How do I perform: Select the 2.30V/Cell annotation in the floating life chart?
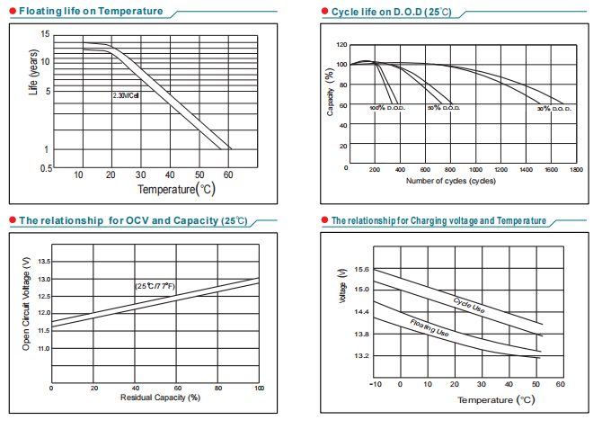(126, 95)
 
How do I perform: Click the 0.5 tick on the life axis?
(46, 168)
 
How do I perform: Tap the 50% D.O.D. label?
(444, 108)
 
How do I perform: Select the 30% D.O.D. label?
(553, 108)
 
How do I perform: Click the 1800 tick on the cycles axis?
(576, 168)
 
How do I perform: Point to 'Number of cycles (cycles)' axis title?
(451, 181)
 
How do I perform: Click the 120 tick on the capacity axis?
(341, 44)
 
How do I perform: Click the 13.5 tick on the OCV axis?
(44, 263)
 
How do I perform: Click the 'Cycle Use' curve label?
(469, 305)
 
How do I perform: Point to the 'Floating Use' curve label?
(429, 327)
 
